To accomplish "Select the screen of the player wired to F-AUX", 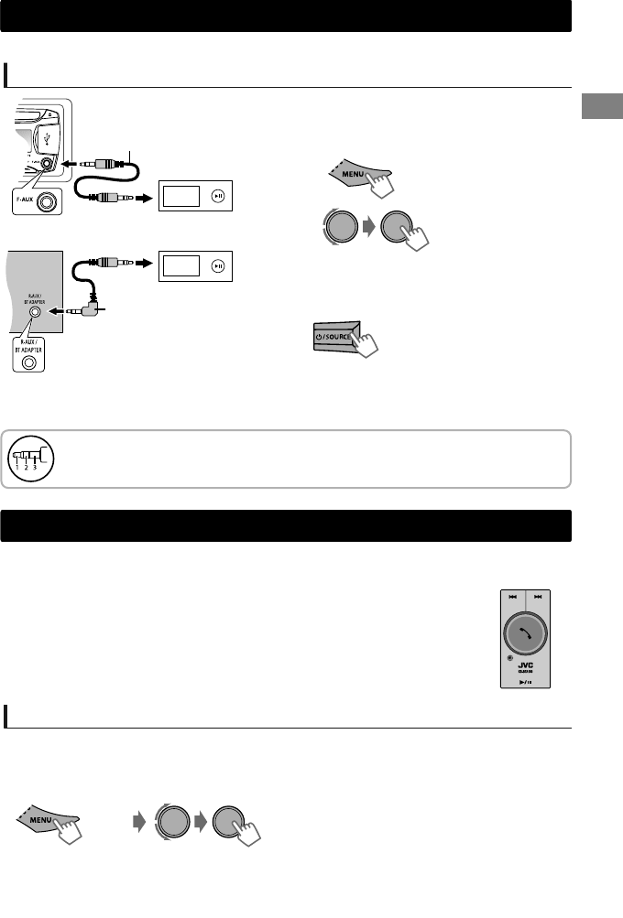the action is point(181,195).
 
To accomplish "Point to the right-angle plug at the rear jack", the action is point(93,310).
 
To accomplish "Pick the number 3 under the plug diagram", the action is point(36,469).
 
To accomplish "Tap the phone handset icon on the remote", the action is point(526,632).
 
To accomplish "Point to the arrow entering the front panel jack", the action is point(65,165).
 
